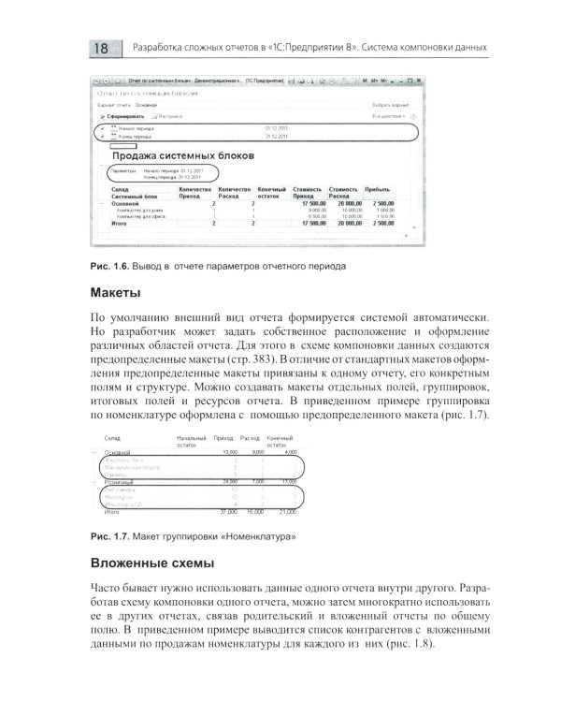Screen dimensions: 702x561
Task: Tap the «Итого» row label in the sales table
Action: point(120,224)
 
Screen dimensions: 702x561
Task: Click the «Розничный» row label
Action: point(120,481)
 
